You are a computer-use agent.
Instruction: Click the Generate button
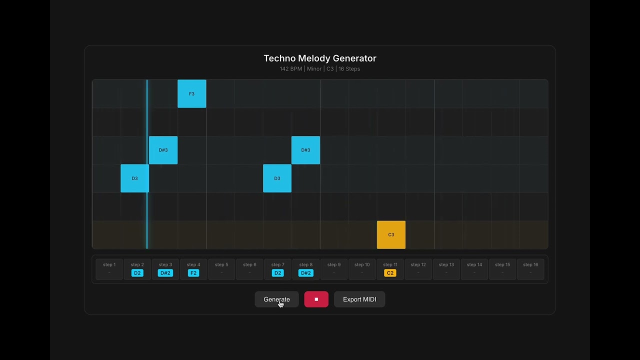click(x=276, y=299)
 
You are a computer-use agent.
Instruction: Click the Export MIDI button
click(x=359, y=299)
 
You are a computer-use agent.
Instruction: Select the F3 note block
click(x=191, y=94)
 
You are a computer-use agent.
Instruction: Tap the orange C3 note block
click(x=391, y=234)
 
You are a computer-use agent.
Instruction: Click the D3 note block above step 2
click(x=134, y=178)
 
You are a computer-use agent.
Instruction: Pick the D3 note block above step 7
click(x=277, y=178)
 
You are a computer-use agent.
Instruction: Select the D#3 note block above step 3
click(x=163, y=150)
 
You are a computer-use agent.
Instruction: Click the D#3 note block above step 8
click(x=305, y=150)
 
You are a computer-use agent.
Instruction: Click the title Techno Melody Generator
click(x=320, y=58)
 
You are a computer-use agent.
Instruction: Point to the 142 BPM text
click(x=290, y=69)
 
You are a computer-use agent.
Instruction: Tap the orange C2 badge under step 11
click(x=390, y=273)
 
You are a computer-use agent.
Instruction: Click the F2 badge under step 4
click(x=193, y=273)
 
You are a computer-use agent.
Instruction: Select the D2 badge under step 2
click(x=137, y=273)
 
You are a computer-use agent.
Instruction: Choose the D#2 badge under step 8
click(x=305, y=273)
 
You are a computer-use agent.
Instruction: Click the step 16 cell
click(x=530, y=269)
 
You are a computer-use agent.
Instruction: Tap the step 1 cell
click(x=109, y=269)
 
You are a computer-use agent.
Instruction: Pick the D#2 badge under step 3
click(x=165, y=273)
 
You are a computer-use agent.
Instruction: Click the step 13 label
click(x=446, y=265)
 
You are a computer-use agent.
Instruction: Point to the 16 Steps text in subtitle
click(x=349, y=69)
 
